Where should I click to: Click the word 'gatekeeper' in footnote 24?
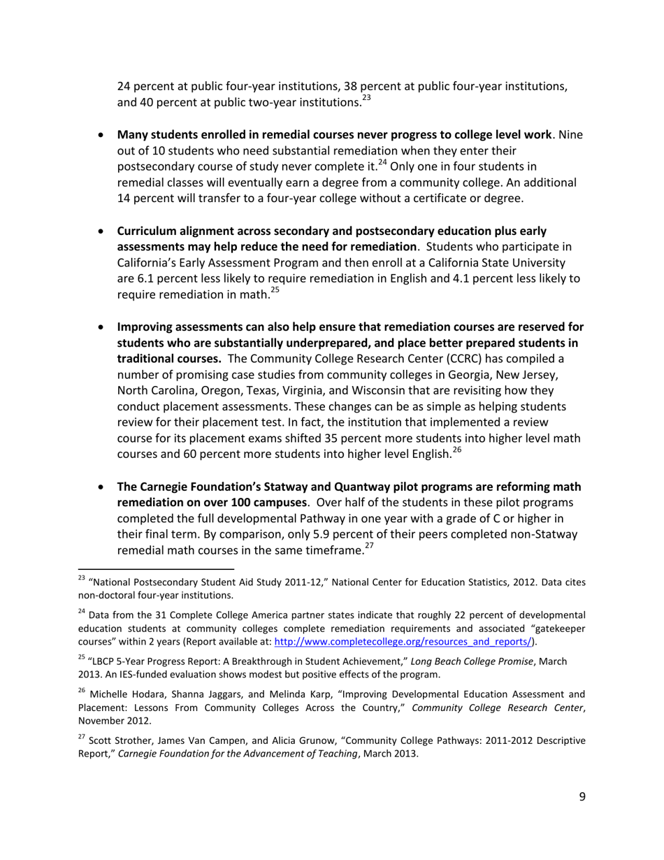(555, 629)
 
